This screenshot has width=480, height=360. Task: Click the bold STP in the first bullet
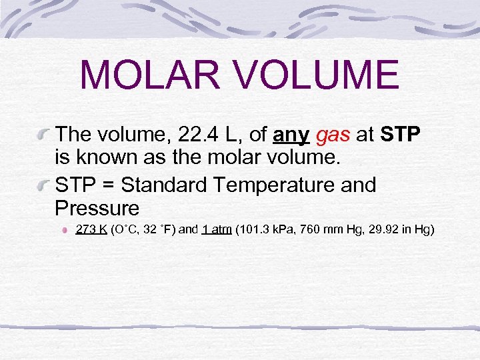coord(400,135)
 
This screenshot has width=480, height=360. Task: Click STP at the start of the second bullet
coord(77,184)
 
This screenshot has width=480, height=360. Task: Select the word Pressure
coord(97,208)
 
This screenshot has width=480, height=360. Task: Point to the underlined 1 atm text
coord(216,230)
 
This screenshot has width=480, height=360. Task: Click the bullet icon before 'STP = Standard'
coord(44,185)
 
